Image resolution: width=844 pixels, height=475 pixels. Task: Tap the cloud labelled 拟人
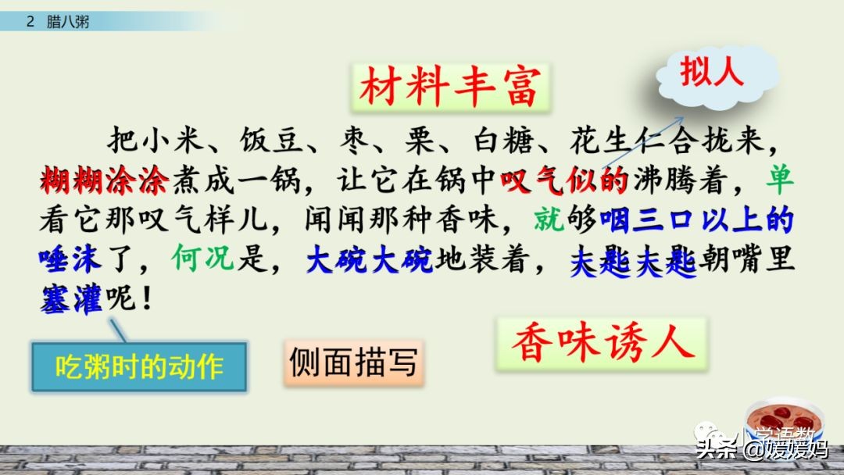click(x=710, y=72)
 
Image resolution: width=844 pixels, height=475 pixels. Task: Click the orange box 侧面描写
click(x=353, y=362)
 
